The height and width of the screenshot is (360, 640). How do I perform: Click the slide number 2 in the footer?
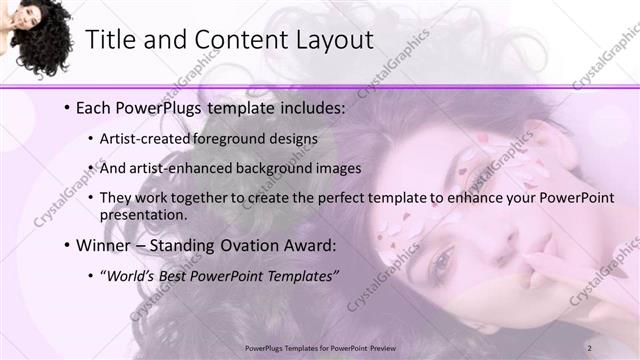pyautogui.click(x=590, y=347)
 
